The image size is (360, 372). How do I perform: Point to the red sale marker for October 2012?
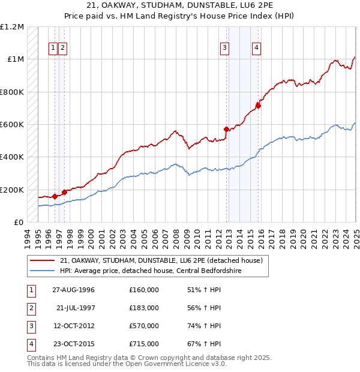tap(226, 129)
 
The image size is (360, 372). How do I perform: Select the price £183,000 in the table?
tap(143, 307)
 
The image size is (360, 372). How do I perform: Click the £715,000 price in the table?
tap(143, 344)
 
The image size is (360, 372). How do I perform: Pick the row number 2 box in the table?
tap(31, 307)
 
